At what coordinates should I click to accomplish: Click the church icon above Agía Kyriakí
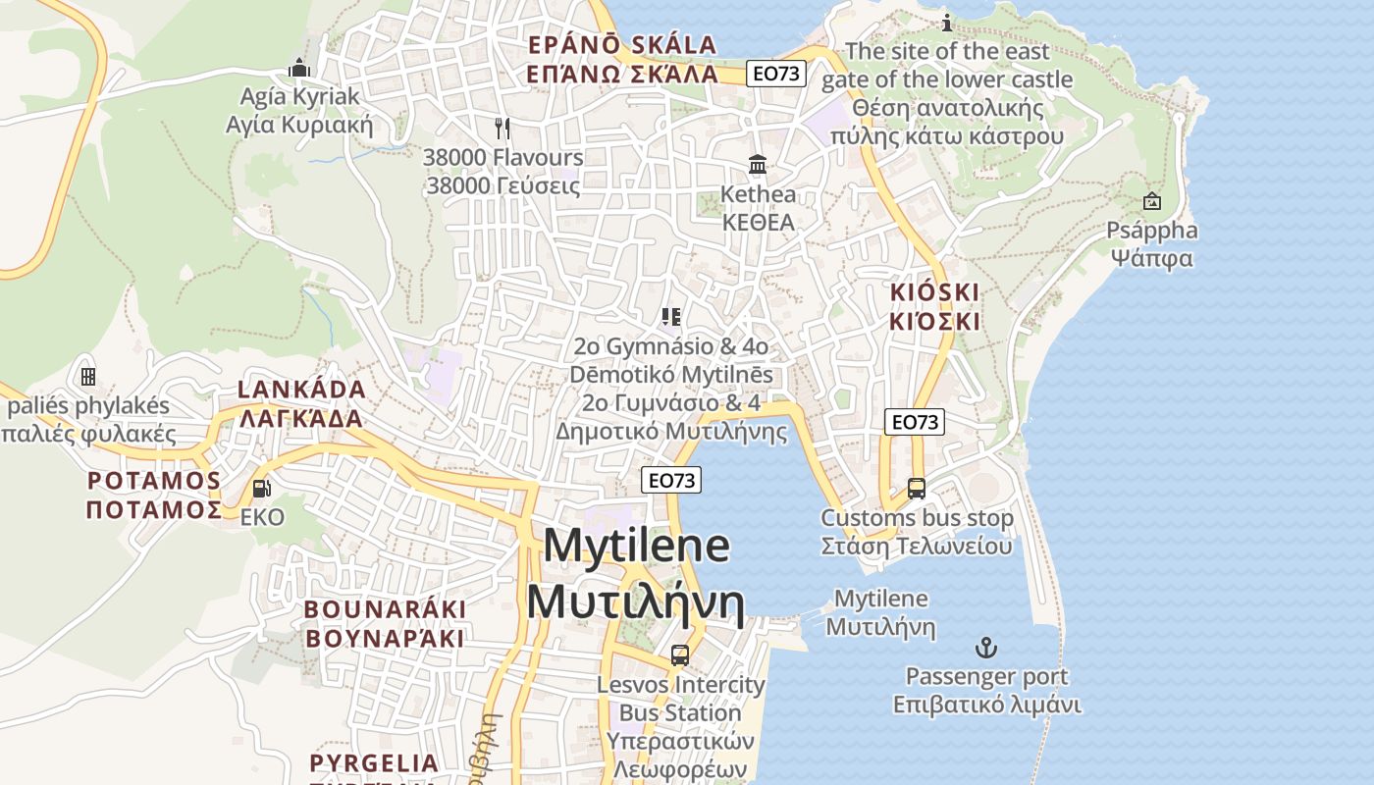[299, 68]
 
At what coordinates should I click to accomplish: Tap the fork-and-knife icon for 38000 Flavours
[502, 128]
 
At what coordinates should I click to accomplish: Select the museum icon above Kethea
[758, 164]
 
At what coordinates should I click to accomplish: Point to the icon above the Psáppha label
[1152, 201]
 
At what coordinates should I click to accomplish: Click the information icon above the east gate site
[947, 22]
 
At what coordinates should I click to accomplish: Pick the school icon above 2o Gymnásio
[672, 316]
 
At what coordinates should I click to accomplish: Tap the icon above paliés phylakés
[88, 377]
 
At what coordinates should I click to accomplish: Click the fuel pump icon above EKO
[261, 488]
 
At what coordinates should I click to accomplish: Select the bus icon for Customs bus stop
[917, 488]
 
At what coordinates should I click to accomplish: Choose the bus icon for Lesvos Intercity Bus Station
[680, 654]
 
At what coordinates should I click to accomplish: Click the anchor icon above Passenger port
[985, 647]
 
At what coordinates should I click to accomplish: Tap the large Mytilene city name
[636, 574]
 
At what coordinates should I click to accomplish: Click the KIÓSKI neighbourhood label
[935, 306]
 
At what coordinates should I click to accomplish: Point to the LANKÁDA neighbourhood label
[301, 403]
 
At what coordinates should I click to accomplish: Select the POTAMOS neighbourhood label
[154, 495]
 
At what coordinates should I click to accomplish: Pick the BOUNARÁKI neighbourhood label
[385, 623]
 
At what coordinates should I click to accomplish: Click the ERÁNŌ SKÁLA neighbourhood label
[622, 59]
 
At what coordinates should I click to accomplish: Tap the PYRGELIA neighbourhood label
[374, 763]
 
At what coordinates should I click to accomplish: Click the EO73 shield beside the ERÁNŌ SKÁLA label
[776, 73]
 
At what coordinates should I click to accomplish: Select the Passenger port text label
[986, 690]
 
